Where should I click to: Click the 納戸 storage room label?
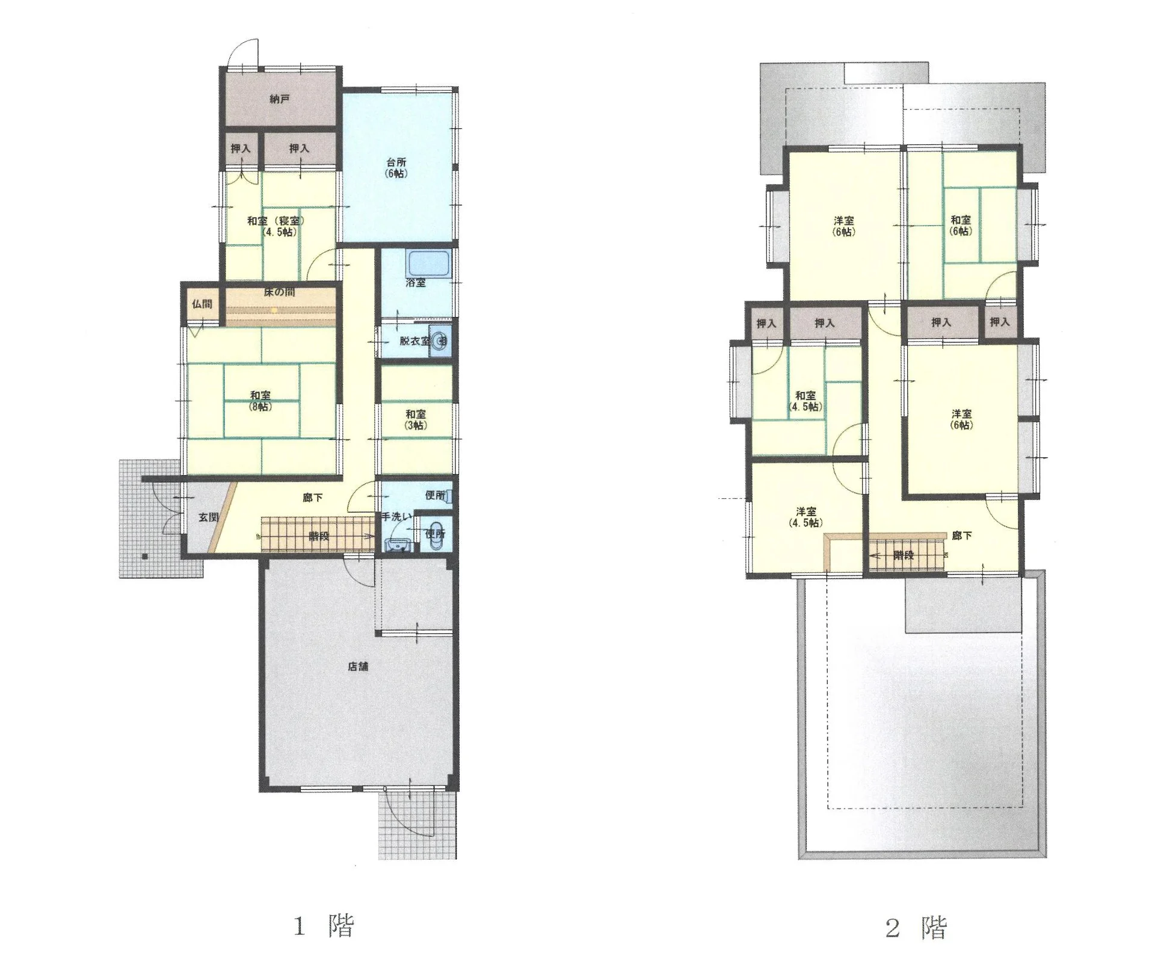click(x=279, y=98)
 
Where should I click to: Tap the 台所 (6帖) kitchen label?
click(x=396, y=168)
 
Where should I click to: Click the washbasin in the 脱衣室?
click(x=442, y=341)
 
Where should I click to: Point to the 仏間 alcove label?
click(x=202, y=304)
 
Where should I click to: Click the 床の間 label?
click(x=279, y=292)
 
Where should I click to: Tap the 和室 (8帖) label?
click(x=260, y=401)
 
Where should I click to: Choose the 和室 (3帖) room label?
click(x=416, y=419)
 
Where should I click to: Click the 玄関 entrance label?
click(x=209, y=517)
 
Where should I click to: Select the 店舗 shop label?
click(x=358, y=666)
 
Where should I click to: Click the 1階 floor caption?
click(x=324, y=925)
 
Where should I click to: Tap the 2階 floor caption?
click(x=916, y=927)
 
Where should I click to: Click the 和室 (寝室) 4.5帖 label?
click(x=276, y=226)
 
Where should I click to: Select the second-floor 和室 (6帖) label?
click(x=961, y=226)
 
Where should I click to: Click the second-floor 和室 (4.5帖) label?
click(x=805, y=401)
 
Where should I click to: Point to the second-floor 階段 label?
click(x=904, y=555)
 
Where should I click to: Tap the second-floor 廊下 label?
click(x=962, y=535)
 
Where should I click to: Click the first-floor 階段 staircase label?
click(x=319, y=535)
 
